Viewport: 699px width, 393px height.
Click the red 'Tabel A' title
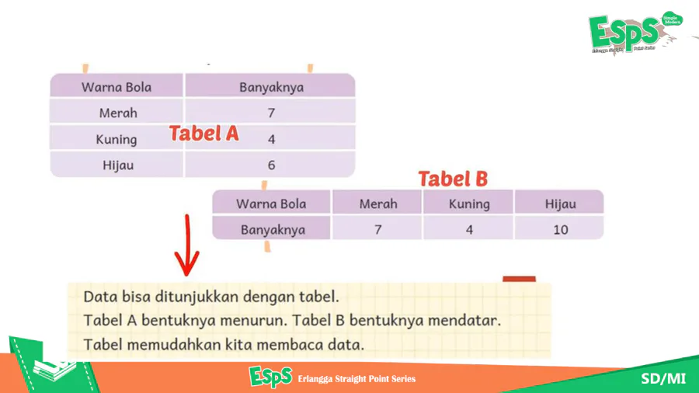tap(203, 134)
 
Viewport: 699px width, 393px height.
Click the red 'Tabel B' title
tap(453, 179)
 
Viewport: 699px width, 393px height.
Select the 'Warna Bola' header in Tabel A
tap(116, 87)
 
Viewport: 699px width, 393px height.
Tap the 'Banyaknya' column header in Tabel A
tap(272, 87)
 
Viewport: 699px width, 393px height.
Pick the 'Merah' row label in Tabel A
tap(118, 113)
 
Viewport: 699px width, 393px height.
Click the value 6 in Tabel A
tap(272, 165)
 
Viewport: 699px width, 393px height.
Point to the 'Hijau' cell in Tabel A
tap(118, 165)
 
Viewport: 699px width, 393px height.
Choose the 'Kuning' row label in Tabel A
tap(116, 140)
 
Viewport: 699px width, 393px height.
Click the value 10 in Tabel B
tap(560, 230)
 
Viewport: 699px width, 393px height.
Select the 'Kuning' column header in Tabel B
tap(469, 204)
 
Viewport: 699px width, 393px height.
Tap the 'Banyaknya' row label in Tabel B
tap(273, 230)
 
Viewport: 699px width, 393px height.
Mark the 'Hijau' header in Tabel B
tap(560, 204)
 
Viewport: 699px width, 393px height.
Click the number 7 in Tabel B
tap(378, 230)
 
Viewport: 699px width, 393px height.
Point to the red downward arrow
tap(187, 245)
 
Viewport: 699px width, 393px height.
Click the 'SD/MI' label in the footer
tap(663, 379)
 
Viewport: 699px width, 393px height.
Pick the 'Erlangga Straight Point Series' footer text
tap(356, 379)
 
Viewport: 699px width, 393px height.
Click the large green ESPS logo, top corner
tap(634, 33)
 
